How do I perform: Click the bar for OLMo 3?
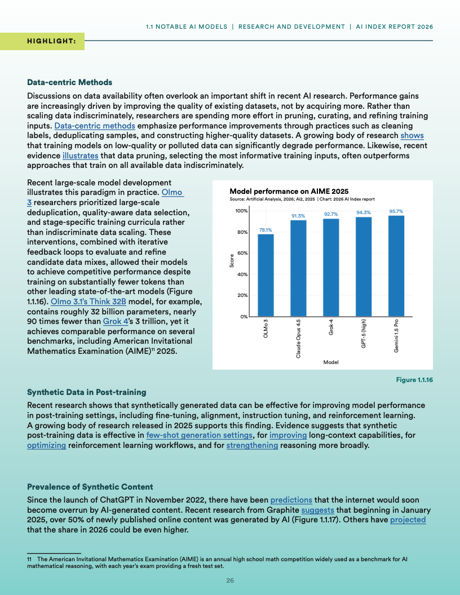coord(266,276)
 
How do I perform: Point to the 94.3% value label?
coord(364,212)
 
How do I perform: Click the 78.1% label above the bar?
coord(266,230)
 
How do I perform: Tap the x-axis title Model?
coord(330,362)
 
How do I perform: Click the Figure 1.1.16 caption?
coord(414,380)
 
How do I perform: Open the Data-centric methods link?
coord(95,125)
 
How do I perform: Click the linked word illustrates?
coord(80,156)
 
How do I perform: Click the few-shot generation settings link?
coord(198,435)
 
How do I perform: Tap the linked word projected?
coord(408,519)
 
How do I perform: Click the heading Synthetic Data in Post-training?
coord(86,392)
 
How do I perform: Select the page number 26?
coord(230,580)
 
